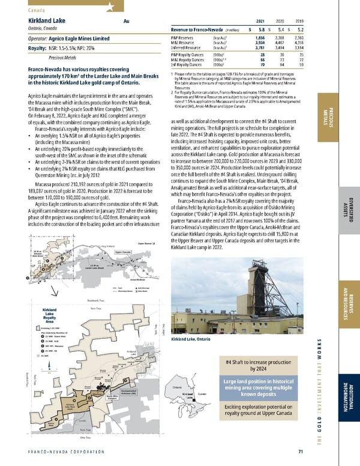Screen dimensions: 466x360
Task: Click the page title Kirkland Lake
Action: tap(46, 20)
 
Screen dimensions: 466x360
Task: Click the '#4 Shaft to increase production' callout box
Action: tap(258, 367)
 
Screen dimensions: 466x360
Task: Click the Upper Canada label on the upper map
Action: tap(123, 270)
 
